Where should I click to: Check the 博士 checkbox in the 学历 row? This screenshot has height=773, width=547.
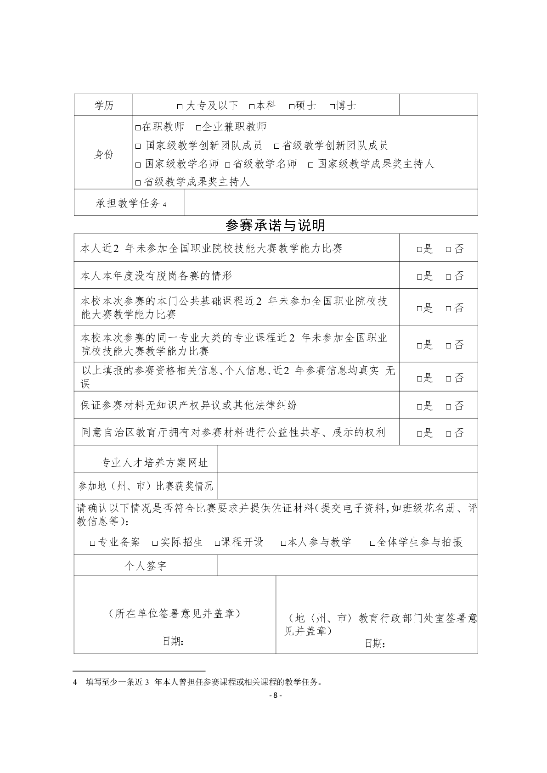(332, 106)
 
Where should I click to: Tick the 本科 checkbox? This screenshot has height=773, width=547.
(252, 106)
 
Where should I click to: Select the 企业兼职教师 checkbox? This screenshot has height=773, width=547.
(198, 128)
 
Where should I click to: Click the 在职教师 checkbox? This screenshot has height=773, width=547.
(138, 128)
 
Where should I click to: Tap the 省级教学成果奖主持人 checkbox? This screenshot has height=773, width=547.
(138, 183)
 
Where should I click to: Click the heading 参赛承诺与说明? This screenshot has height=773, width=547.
(276, 225)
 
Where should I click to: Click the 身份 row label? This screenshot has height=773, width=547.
(103, 155)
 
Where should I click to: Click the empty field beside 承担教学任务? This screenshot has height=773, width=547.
(331, 203)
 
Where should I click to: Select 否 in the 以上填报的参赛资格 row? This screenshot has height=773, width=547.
(449, 379)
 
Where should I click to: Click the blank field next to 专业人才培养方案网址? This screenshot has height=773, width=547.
(347, 459)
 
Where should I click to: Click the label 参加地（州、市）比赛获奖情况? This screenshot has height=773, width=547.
(146, 486)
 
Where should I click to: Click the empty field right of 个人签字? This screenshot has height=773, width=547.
(347, 566)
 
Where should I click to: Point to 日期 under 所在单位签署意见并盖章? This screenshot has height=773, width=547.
(173, 641)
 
